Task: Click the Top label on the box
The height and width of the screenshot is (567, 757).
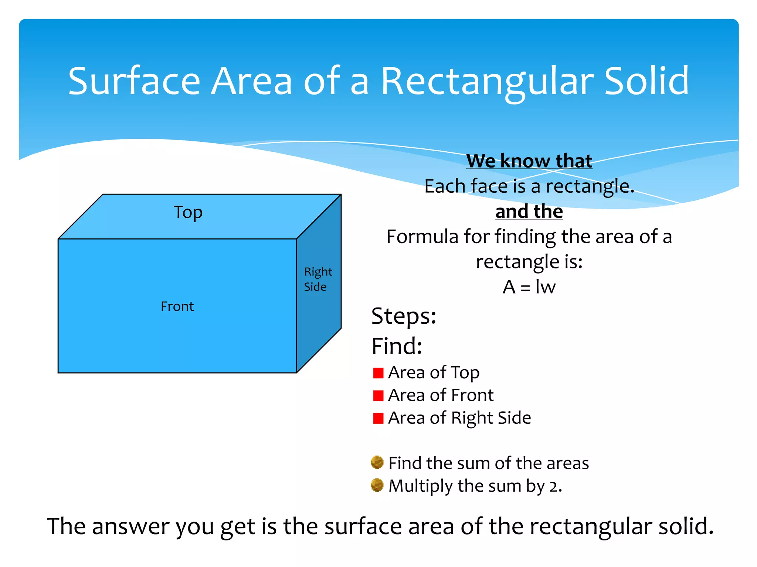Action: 188,212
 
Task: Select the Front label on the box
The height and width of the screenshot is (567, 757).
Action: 177,306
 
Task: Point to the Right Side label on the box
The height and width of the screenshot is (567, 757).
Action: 318,279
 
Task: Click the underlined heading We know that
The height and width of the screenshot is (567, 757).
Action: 529,161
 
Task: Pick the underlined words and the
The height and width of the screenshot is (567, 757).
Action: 529,212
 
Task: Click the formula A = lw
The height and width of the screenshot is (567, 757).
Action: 529,287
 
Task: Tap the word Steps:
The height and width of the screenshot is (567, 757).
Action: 404,316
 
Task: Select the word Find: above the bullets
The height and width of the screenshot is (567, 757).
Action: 397,346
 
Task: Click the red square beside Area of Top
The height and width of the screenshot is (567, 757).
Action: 378,373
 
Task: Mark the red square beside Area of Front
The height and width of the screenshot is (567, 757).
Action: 378,396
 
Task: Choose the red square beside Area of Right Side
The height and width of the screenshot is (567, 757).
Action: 378,418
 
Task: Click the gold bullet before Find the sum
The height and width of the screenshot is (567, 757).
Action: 377,462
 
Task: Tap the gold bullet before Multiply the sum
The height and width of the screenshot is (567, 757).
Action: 377,485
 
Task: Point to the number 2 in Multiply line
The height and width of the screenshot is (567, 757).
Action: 553,487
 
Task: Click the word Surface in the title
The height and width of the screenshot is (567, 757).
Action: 134,82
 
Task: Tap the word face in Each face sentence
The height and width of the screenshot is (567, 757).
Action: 489,186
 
